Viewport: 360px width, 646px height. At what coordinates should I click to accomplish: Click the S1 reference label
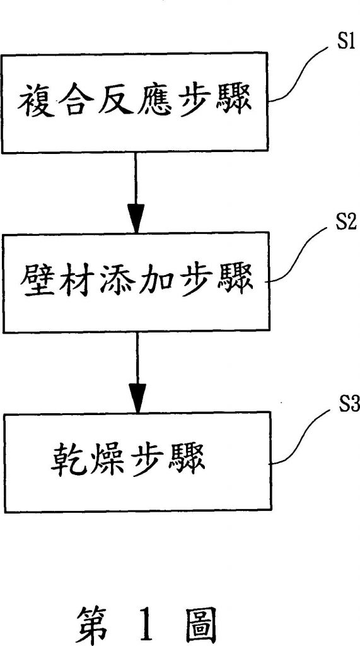(342, 43)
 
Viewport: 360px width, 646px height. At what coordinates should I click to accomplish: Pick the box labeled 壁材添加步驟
(137, 282)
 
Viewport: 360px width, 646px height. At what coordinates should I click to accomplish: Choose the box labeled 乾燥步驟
(138, 462)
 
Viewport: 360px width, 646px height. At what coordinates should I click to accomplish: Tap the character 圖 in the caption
(199, 620)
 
